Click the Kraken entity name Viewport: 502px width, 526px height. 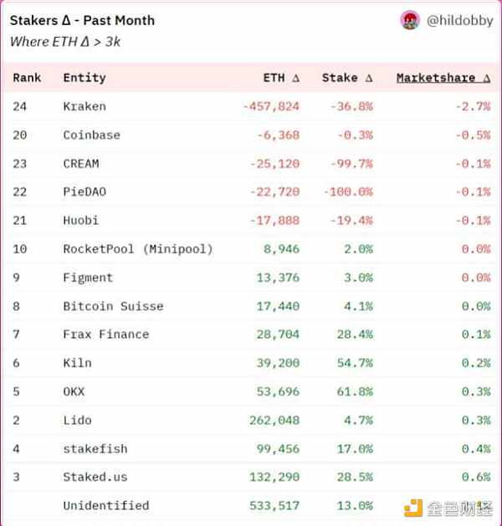[x=85, y=106]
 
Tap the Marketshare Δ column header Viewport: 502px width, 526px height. [x=443, y=78]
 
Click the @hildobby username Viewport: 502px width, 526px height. [x=459, y=21]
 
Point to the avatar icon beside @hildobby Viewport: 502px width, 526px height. [x=410, y=21]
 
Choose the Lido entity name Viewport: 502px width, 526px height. [x=77, y=420]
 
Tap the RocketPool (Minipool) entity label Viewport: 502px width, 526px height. [x=138, y=248]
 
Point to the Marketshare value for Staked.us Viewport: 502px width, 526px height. [x=475, y=477]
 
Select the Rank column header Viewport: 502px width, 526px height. [x=28, y=78]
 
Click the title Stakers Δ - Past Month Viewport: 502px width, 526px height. [x=82, y=20]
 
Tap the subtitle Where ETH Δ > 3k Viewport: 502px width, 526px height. [x=65, y=40]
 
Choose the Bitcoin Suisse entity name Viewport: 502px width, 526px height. [x=113, y=306]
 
